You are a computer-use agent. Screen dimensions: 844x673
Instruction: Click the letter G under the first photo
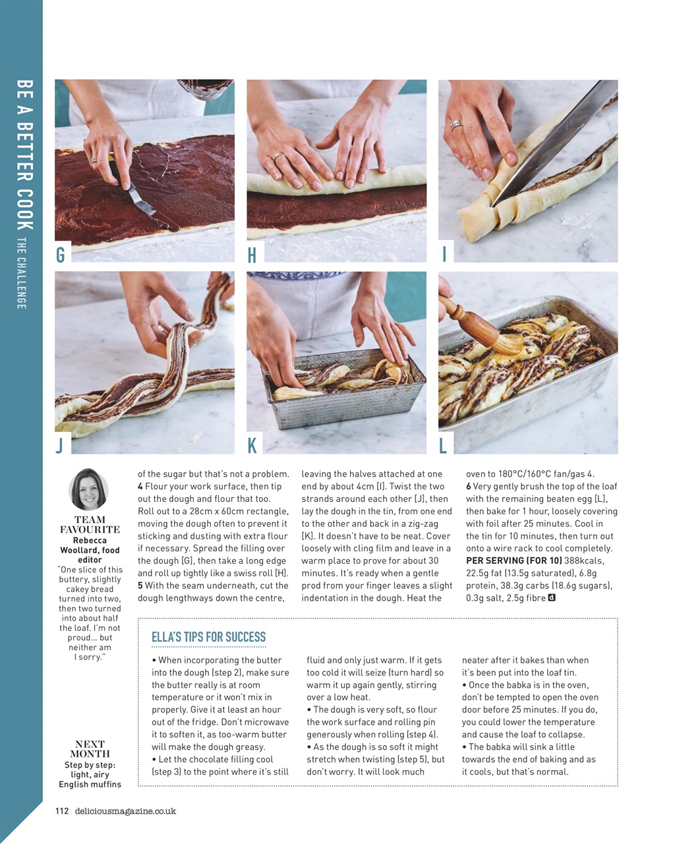tap(61, 255)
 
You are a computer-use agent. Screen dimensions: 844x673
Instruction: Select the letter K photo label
tap(252, 445)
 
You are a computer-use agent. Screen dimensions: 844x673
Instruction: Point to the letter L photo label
tap(443, 446)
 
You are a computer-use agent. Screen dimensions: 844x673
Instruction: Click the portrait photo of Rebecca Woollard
tap(88, 489)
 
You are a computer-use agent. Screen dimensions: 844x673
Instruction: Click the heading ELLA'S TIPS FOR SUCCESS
tap(208, 637)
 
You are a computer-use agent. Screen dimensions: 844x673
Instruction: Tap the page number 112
tap(62, 811)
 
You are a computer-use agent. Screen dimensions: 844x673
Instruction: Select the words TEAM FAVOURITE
tap(90, 524)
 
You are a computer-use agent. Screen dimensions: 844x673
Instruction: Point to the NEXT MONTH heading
tap(90, 749)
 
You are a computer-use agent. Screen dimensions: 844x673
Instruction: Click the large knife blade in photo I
tap(547, 145)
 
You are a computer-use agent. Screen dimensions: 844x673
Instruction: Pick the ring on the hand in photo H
tap(279, 157)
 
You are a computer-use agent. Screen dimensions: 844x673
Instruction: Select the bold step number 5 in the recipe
tap(140, 586)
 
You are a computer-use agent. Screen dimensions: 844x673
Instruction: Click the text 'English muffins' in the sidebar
tap(90, 784)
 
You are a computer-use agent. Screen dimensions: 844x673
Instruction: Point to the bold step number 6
tap(469, 487)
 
